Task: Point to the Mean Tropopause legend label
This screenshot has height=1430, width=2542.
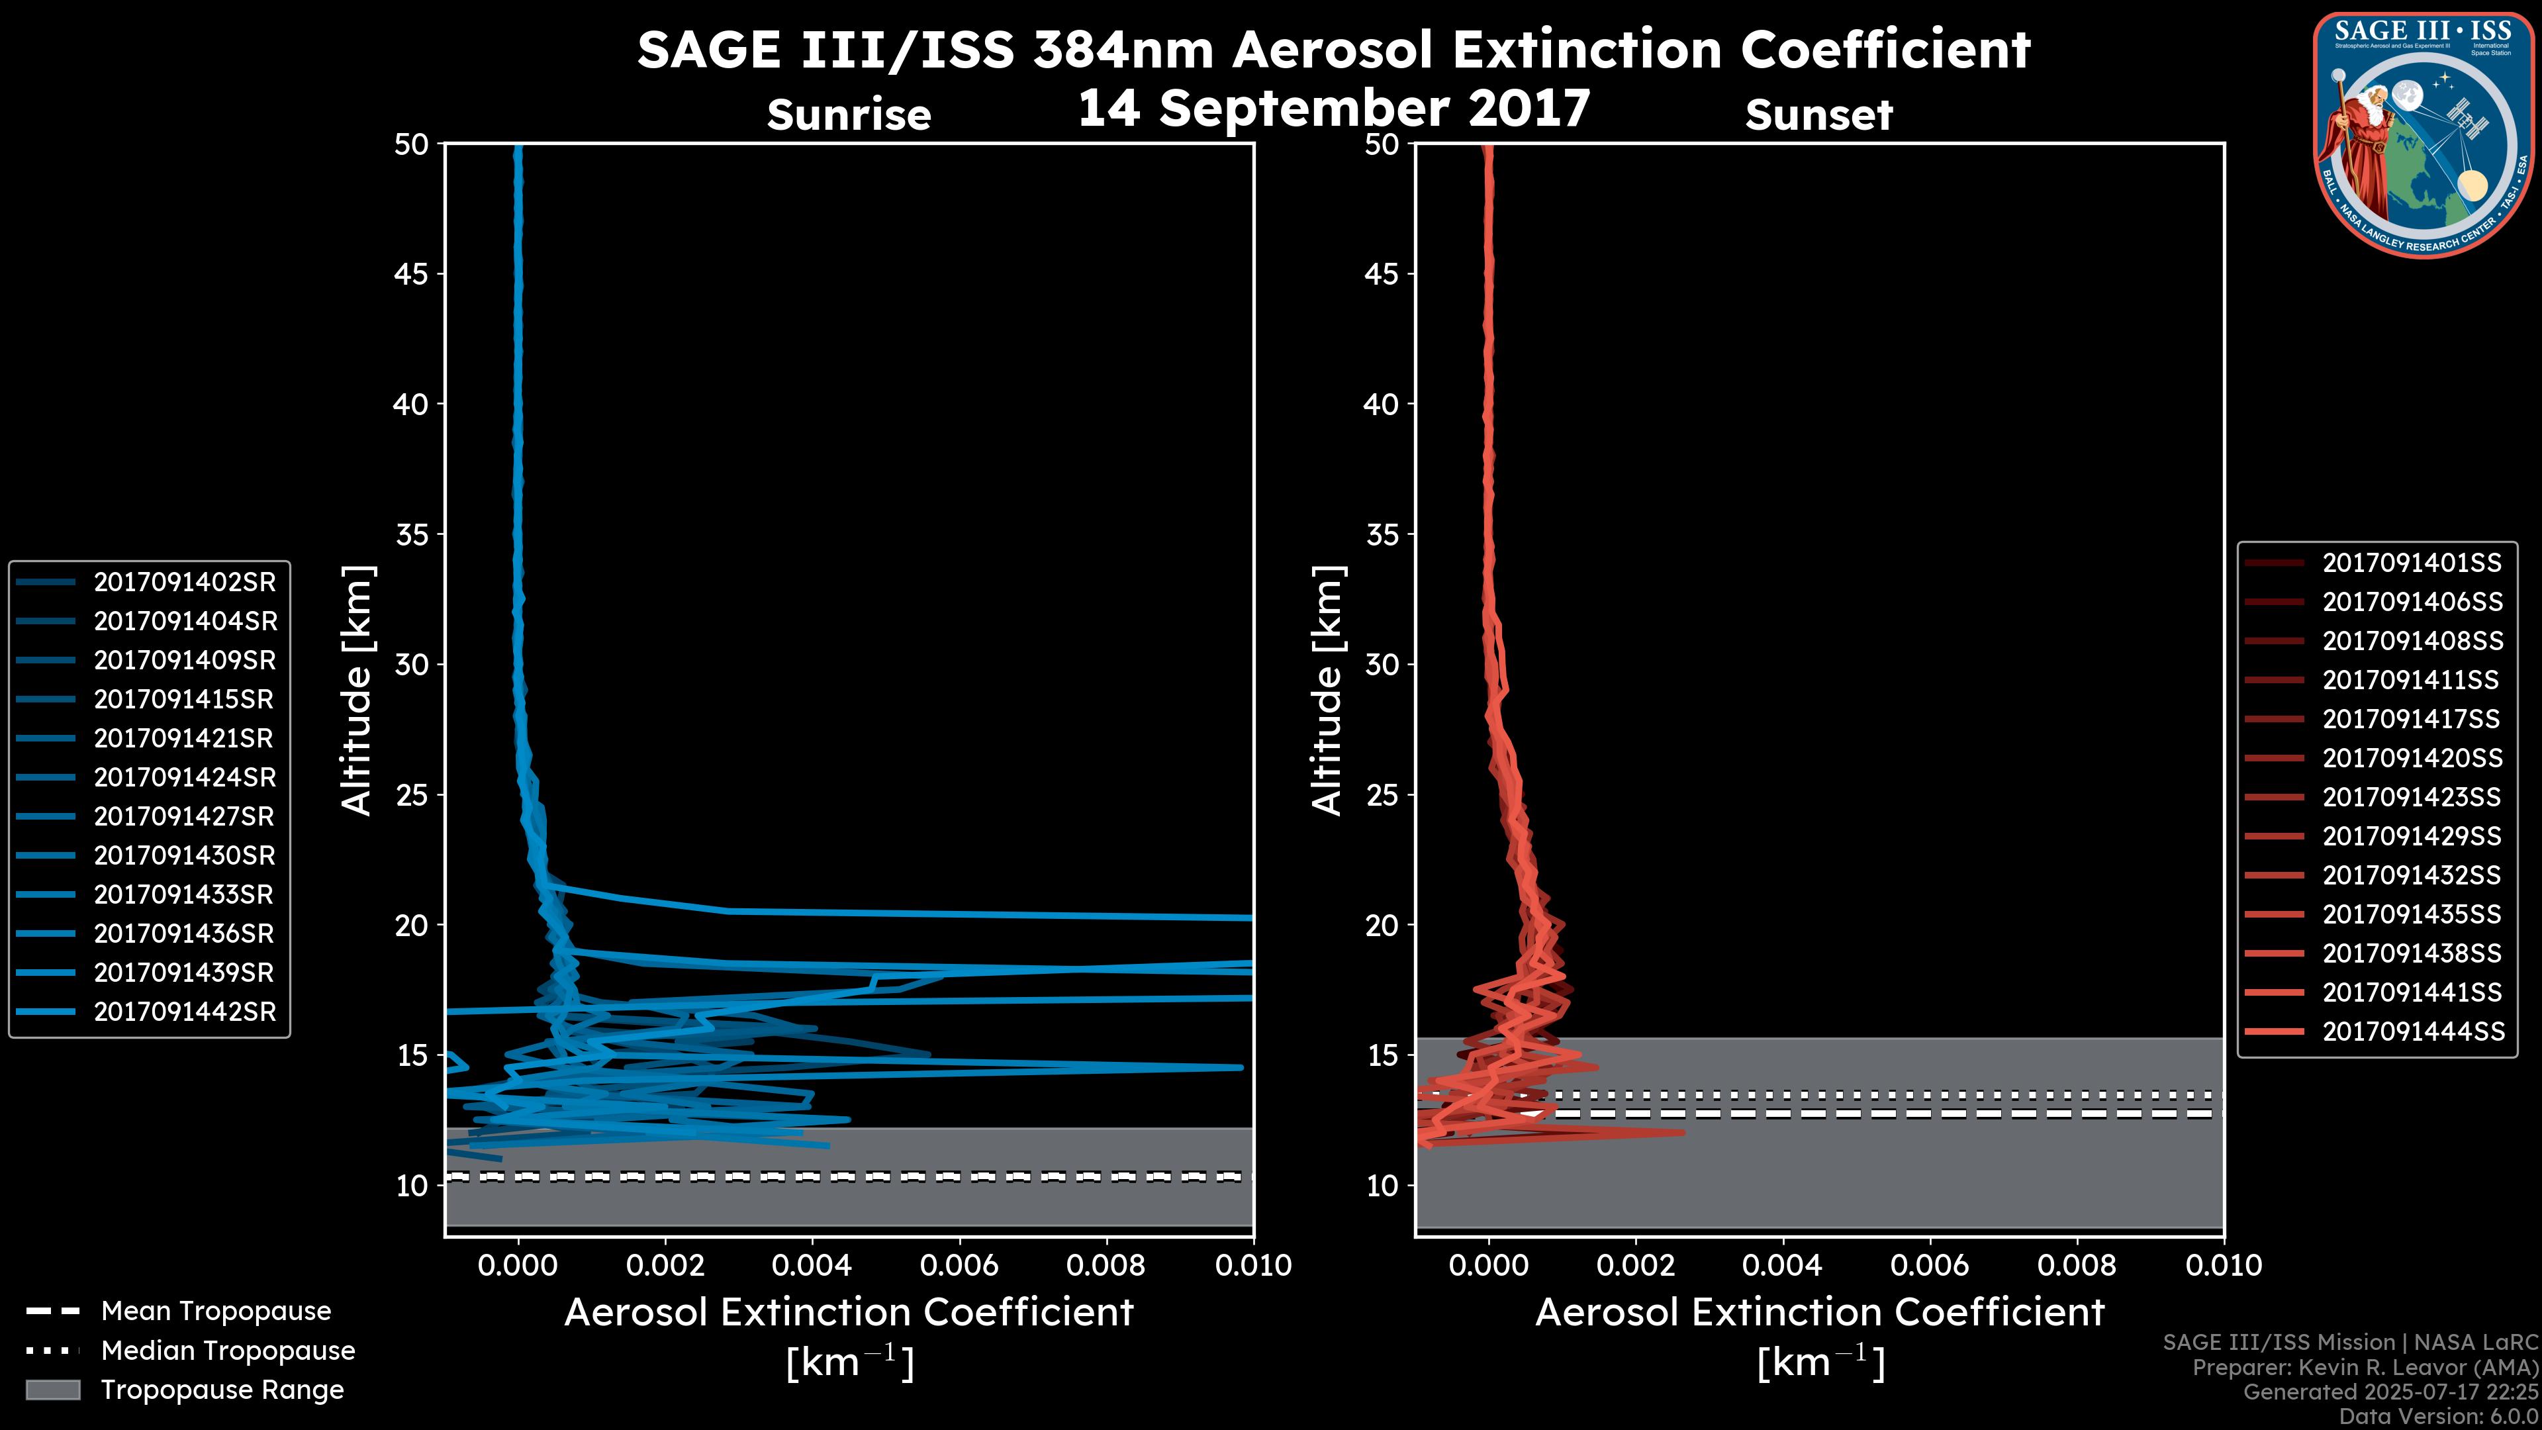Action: (x=216, y=1311)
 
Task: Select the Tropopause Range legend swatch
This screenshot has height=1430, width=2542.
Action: (x=53, y=1390)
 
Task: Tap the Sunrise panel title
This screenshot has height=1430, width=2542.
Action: (x=849, y=115)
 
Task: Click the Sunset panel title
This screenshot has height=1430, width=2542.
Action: (x=1818, y=115)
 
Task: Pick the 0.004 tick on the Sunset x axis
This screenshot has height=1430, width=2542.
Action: (x=1782, y=1265)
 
